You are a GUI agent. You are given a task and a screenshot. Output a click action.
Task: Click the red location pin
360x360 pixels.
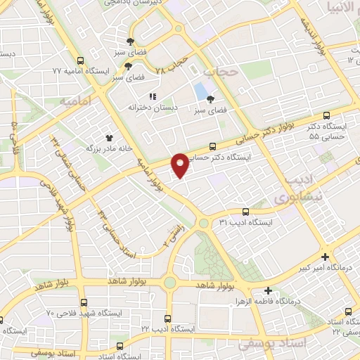pos(181,164)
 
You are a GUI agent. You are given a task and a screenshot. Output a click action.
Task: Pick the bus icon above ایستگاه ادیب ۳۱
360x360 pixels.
pos(245,211)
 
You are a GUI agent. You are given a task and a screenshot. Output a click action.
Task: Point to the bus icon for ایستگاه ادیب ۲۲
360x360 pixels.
pos(167,318)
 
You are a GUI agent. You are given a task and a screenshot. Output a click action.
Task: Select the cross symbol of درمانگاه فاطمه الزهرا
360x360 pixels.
pos(268,290)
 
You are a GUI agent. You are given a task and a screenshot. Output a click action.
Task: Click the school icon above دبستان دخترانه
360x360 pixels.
pos(150,96)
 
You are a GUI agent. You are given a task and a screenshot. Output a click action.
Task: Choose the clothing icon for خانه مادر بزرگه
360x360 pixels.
pos(109,138)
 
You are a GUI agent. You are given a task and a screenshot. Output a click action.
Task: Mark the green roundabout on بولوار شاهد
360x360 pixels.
pos(169,283)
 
